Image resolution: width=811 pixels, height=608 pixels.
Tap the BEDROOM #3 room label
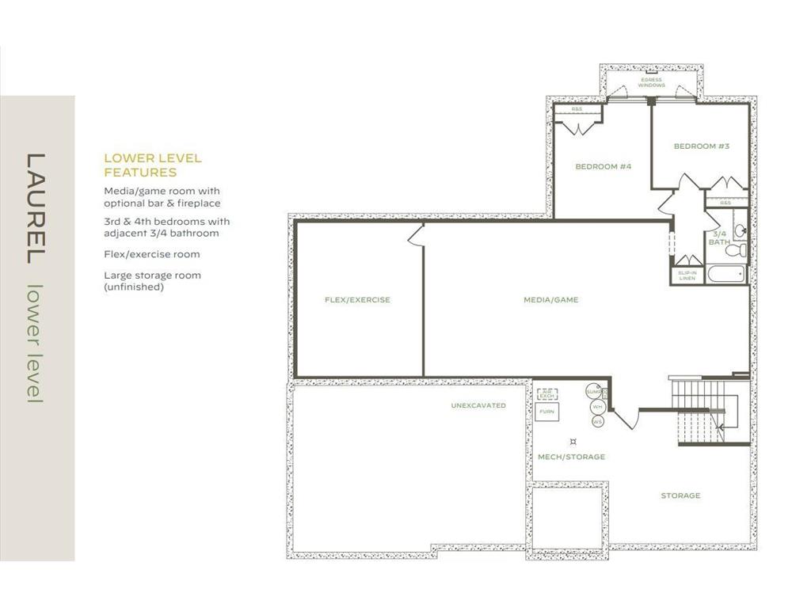pos(701,146)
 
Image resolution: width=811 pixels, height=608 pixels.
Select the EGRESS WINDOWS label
pos(651,83)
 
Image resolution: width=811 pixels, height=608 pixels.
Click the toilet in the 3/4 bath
pos(737,249)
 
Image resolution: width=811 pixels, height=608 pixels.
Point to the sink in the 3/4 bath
pos(740,230)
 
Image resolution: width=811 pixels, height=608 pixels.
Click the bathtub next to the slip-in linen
pos(726,275)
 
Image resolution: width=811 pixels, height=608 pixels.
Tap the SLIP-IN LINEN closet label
pos(687,275)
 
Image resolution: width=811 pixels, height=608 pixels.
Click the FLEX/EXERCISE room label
pos(357,300)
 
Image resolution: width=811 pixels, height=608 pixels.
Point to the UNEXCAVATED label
pos(478,405)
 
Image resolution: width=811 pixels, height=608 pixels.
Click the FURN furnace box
pos(546,412)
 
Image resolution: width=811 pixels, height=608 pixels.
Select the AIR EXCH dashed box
pos(546,393)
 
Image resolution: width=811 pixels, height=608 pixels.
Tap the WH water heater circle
pos(597,407)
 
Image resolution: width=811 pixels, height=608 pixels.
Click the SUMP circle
pos(594,392)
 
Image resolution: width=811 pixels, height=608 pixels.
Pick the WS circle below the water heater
pos(597,421)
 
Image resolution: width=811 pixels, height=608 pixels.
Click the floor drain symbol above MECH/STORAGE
pos(573,441)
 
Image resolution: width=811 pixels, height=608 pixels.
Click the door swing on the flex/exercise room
pos(414,234)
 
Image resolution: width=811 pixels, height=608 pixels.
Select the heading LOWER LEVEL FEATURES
pos(153,165)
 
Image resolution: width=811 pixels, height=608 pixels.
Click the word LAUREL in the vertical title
pos(35,208)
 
